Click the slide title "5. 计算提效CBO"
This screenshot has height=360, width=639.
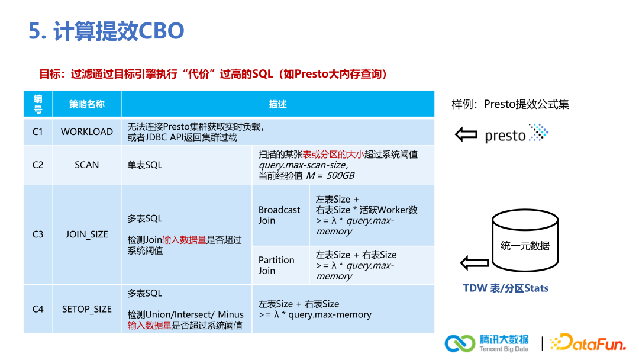[106, 31]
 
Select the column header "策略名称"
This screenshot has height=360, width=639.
[86, 104]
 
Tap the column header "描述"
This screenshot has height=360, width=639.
[277, 104]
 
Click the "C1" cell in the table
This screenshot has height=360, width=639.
[38, 132]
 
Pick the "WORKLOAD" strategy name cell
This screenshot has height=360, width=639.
[86, 132]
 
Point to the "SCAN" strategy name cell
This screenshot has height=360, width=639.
[86, 165]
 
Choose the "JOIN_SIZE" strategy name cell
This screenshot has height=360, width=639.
[86, 234]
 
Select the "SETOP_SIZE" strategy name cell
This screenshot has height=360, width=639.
[86, 309]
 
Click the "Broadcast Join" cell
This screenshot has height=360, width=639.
[279, 215]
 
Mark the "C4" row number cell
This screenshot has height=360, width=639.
[38, 309]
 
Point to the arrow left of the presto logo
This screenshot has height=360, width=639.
[466, 134]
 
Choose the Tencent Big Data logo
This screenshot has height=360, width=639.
[487, 343]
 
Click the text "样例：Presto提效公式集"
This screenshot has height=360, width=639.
[510, 104]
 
